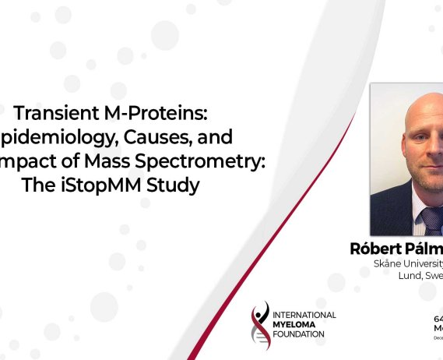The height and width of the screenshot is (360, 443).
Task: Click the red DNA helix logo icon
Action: click(257, 324)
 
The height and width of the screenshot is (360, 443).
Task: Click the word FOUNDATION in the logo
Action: click(300, 334)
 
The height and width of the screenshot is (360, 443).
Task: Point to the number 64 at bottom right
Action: click(438, 319)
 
